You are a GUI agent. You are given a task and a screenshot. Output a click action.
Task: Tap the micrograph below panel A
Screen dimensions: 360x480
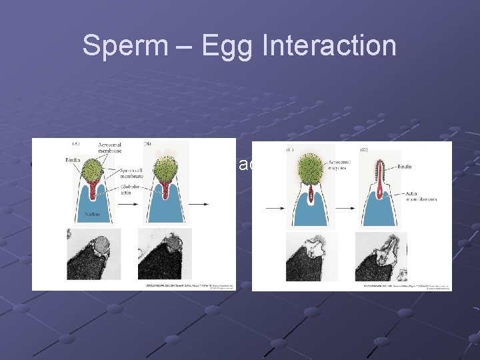[x=94, y=254]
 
